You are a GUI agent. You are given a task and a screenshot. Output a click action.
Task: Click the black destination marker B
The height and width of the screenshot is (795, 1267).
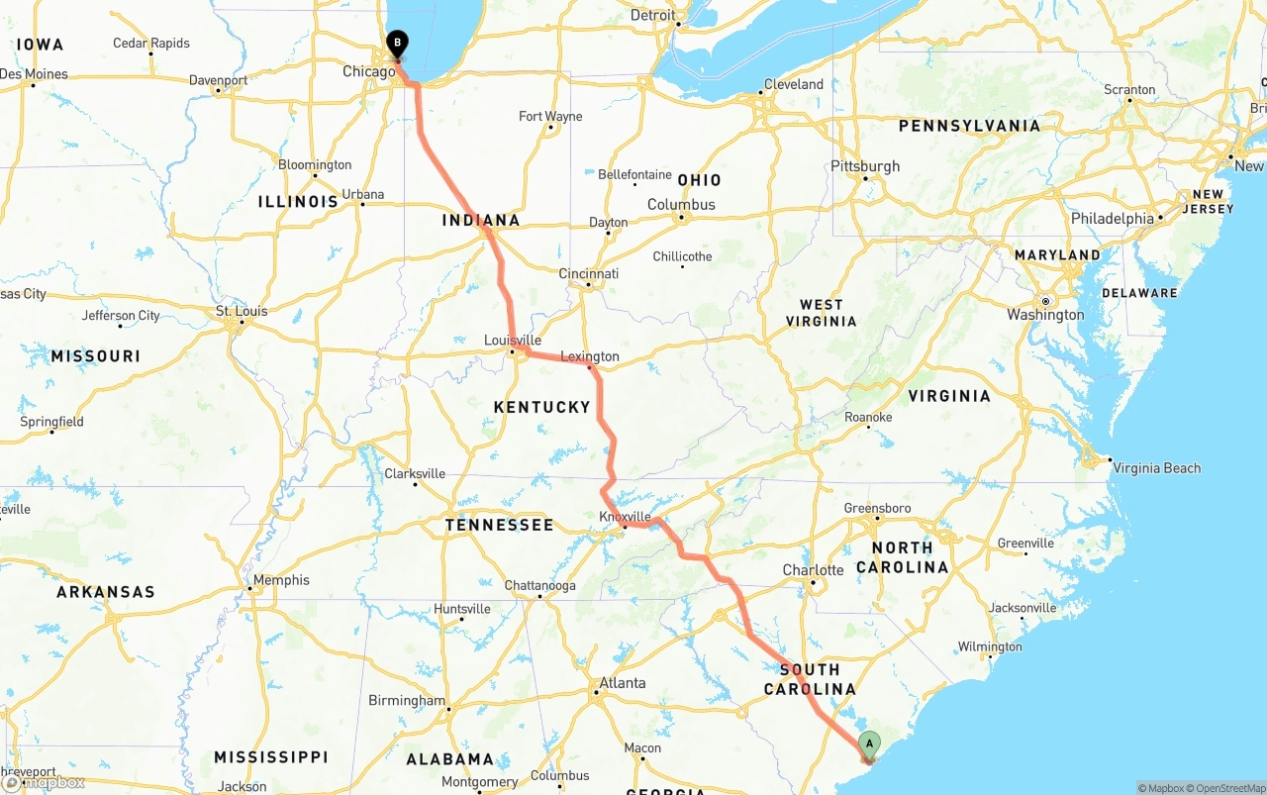pyautogui.click(x=397, y=44)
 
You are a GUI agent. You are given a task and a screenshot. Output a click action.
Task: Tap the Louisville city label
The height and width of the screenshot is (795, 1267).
pyautogui.click(x=513, y=341)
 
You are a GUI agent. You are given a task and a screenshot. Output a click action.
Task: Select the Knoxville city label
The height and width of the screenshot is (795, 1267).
pyautogui.click(x=625, y=517)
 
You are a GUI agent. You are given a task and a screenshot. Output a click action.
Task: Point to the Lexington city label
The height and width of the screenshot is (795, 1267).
pyautogui.click(x=590, y=356)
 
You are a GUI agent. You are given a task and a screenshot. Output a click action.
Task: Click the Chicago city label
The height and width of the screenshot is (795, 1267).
pyautogui.click(x=368, y=71)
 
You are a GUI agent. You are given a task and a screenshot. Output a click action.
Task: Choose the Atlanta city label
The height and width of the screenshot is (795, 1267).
pyautogui.click(x=623, y=683)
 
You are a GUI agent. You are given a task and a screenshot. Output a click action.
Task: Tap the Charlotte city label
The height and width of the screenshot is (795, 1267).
pyautogui.click(x=813, y=570)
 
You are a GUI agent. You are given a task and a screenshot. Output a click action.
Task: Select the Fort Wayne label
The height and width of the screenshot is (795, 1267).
pyautogui.click(x=550, y=117)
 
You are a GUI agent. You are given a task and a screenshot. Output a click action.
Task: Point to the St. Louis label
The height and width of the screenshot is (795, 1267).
pyautogui.click(x=242, y=311)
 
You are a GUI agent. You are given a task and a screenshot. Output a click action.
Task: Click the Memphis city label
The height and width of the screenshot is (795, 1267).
pyautogui.click(x=281, y=580)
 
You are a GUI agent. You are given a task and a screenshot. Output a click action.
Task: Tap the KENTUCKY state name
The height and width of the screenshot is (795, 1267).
pyautogui.click(x=541, y=407)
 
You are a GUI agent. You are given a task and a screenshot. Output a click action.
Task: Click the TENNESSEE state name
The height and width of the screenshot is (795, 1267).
pyautogui.click(x=499, y=525)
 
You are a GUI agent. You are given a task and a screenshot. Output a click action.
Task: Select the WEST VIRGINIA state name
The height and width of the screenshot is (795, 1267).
pyautogui.click(x=822, y=313)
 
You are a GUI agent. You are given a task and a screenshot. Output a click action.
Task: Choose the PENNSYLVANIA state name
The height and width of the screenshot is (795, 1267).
pyautogui.click(x=969, y=127)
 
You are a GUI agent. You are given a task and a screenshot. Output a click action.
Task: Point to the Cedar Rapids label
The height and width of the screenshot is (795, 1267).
pyautogui.click(x=151, y=44)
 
